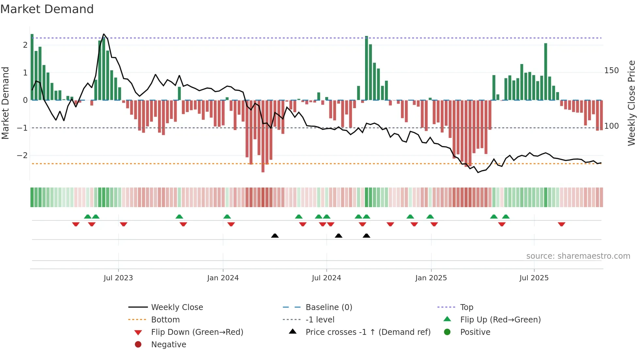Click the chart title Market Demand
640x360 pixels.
(x=47, y=9)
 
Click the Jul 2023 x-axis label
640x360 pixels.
(x=118, y=278)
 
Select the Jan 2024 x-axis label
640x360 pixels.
(x=223, y=278)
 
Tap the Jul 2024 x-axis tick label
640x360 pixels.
(x=326, y=278)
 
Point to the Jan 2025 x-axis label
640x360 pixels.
(x=431, y=278)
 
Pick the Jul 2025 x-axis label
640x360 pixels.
(x=534, y=278)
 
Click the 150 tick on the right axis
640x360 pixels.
(x=611, y=71)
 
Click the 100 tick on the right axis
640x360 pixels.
(x=611, y=126)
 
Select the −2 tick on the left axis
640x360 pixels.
(x=22, y=155)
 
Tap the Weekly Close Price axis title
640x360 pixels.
(x=632, y=103)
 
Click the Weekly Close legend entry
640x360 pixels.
(x=177, y=307)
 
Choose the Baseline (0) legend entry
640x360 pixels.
(x=328, y=307)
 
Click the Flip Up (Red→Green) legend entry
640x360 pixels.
(x=500, y=320)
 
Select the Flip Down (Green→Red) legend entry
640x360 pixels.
(x=197, y=332)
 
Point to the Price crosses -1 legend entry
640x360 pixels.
(x=368, y=332)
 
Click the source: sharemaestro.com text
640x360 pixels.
(x=578, y=256)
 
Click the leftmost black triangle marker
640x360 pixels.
(x=275, y=236)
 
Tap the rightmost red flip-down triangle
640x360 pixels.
(x=561, y=224)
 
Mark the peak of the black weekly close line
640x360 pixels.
(x=104, y=34)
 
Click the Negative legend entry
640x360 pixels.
(x=168, y=345)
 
